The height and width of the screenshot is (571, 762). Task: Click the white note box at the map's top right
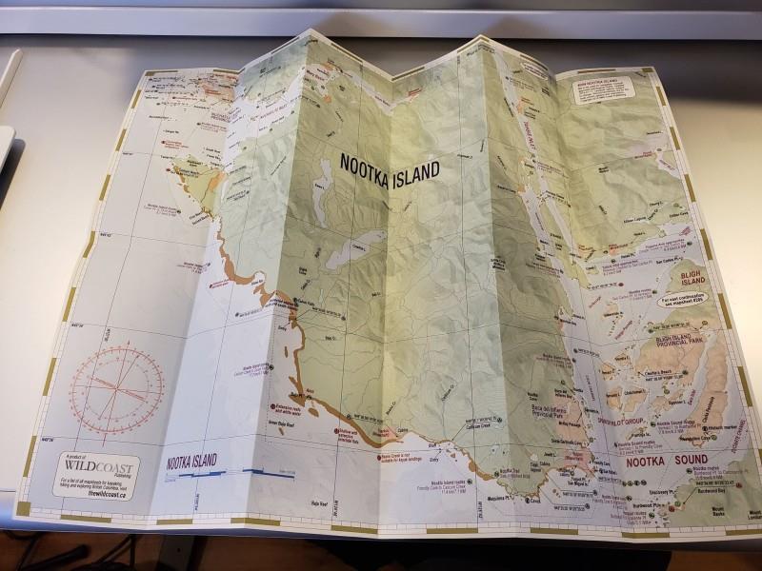[606, 85]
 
